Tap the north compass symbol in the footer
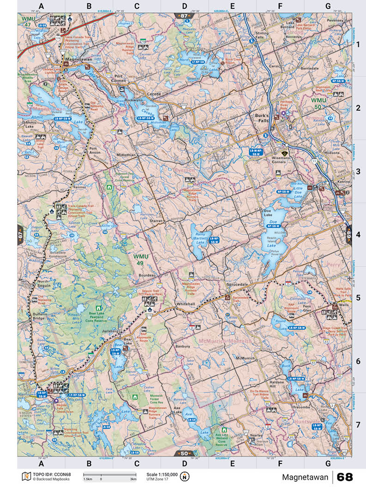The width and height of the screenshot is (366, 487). (x=184, y=476)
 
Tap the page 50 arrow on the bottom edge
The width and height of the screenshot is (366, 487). (x=184, y=453)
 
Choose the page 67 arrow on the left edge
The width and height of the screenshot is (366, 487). (x=21, y=235)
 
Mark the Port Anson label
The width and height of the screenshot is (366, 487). (x=98, y=151)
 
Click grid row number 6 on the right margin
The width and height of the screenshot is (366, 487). (x=358, y=361)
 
